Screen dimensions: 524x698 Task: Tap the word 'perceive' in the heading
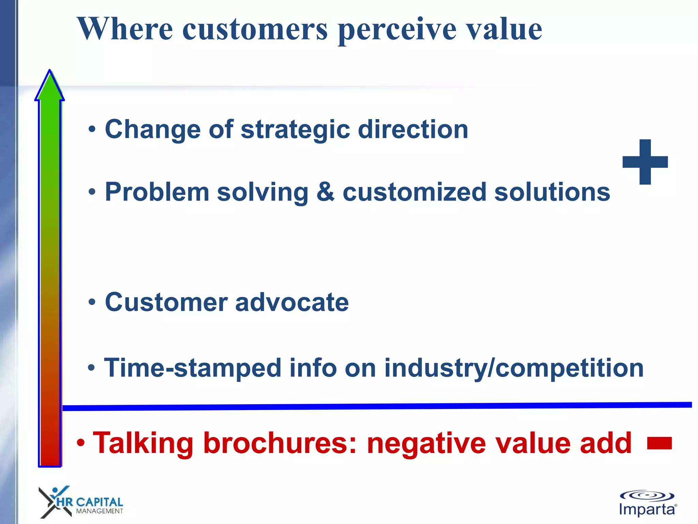point(397,30)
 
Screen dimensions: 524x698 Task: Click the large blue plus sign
point(645,162)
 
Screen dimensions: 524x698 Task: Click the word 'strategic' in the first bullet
point(295,130)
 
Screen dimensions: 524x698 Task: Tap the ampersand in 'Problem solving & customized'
point(325,192)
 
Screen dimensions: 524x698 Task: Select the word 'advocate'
point(292,302)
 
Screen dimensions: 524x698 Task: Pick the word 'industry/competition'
point(514,368)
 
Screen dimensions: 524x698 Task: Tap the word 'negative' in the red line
point(426,443)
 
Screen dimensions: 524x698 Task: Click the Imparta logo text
point(647,509)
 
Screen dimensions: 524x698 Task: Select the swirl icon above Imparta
point(647,496)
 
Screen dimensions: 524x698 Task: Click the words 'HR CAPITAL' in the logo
point(89,502)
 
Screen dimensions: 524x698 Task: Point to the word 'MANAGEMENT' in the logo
point(99,511)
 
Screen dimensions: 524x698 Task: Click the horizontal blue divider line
point(375,406)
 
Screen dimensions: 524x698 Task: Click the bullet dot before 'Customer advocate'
point(92,302)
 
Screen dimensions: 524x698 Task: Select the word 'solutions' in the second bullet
point(552,192)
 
